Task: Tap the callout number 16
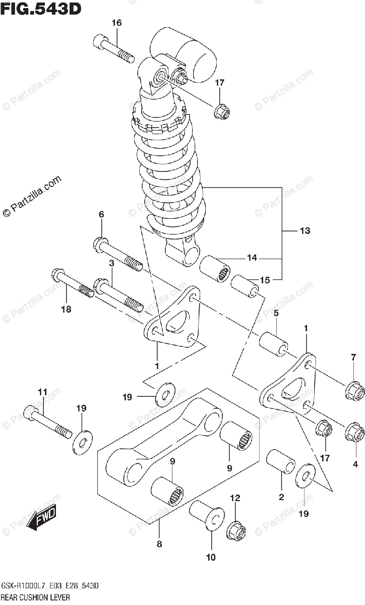pos(116,23)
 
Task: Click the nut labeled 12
pos(236,530)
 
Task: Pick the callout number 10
pos(211,557)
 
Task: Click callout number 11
pos(42,391)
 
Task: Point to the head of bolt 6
pos(100,245)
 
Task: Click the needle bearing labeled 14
pos(215,269)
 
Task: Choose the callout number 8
pos(159,544)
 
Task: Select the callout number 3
pos(111,263)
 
